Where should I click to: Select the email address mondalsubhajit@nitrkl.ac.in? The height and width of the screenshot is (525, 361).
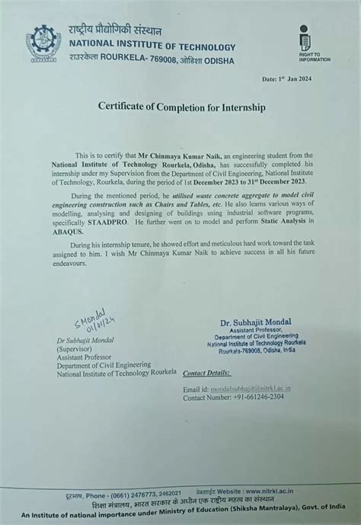252,389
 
